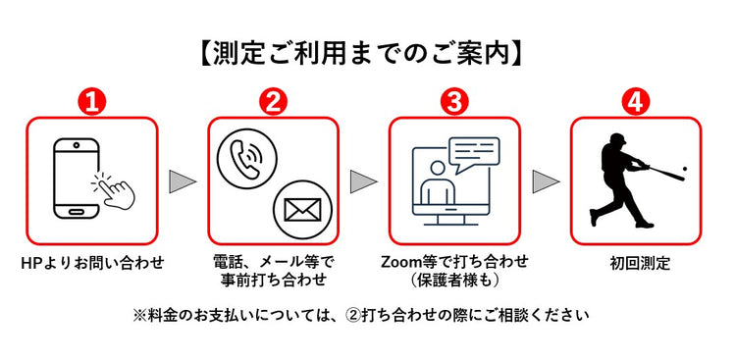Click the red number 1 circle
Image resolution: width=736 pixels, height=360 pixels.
click(x=91, y=102)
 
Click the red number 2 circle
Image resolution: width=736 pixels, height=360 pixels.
click(x=273, y=102)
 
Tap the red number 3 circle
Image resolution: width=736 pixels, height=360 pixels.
click(x=454, y=102)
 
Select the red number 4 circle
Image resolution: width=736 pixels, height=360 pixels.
click(x=636, y=102)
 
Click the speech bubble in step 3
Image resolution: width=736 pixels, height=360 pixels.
click(x=473, y=152)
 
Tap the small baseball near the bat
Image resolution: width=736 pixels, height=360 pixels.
click(x=684, y=170)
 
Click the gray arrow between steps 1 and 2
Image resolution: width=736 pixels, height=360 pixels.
click(x=183, y=181)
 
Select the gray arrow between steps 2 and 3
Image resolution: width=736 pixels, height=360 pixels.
click(x=364, y=181)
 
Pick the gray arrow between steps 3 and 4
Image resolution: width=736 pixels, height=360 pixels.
click(x=546, y=181)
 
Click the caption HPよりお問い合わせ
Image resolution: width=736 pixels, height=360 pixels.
click(x=92, y=263)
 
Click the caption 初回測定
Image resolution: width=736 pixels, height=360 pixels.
click(x=637, y=263)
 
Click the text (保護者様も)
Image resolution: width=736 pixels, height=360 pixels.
click(x=454, y=281)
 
